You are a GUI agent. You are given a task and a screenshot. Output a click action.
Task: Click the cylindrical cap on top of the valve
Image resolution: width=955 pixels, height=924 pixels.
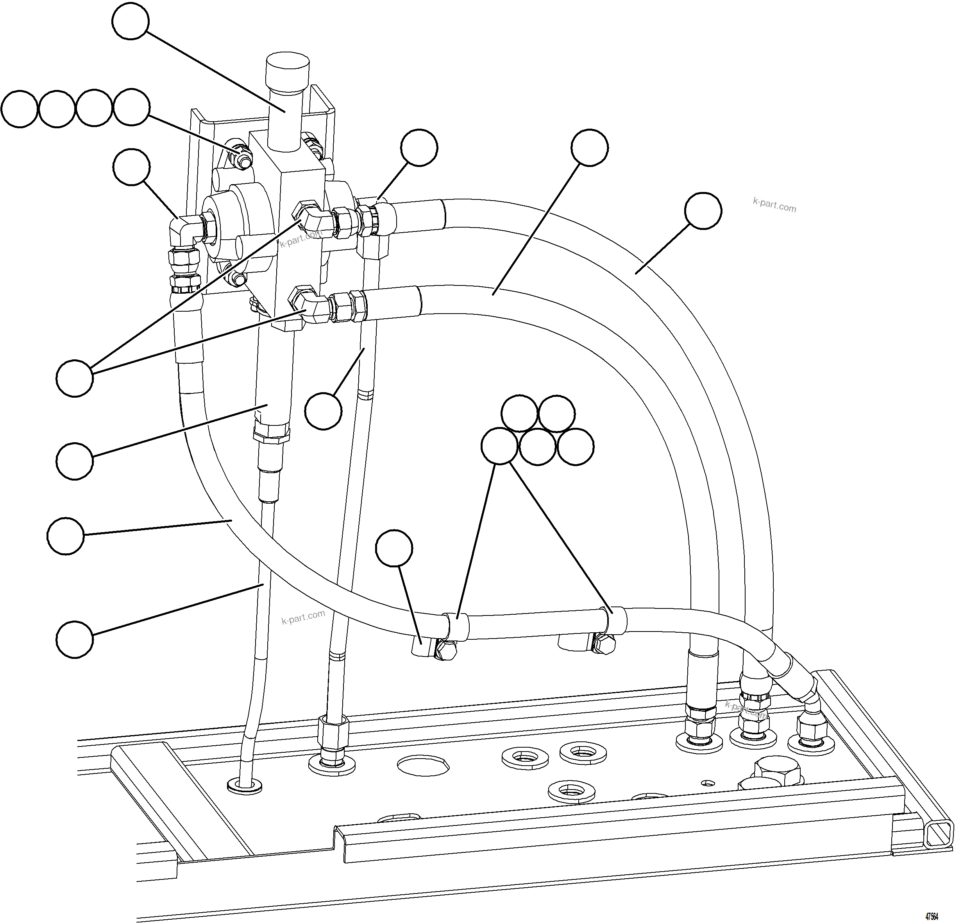point(286,73)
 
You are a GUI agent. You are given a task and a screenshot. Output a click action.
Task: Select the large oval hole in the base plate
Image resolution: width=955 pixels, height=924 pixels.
point(422,765)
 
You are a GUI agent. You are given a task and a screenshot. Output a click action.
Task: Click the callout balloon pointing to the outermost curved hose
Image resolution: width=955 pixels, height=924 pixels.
point(702,211)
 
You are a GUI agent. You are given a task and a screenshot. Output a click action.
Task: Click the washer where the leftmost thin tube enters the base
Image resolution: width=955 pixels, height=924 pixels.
point(245,786)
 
